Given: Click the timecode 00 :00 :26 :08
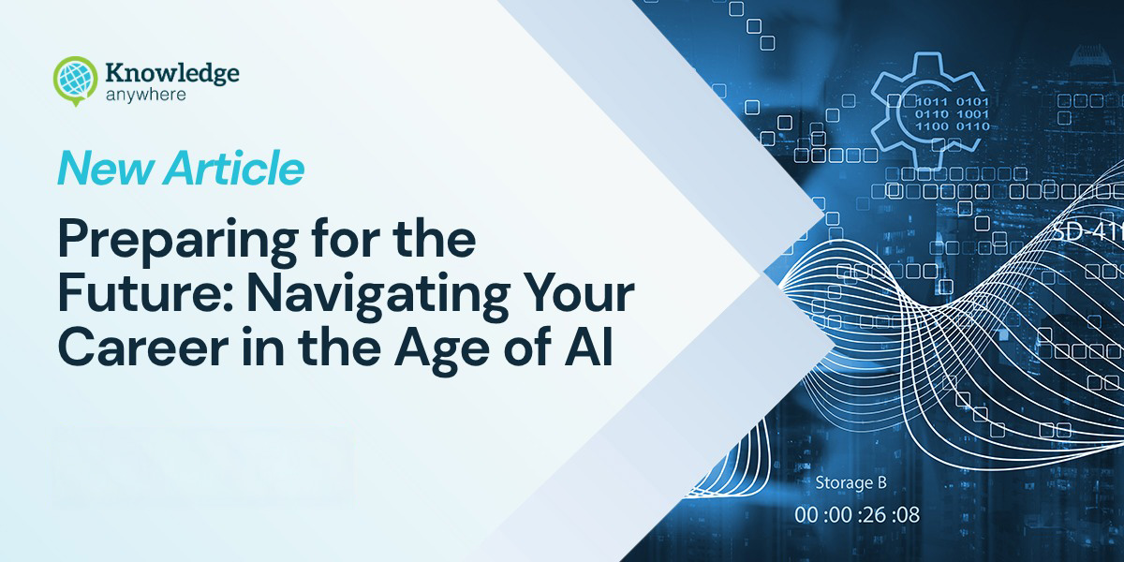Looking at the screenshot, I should (856, 514).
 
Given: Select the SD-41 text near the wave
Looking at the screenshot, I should (1087, 230).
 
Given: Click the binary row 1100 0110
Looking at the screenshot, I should (950, 126).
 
